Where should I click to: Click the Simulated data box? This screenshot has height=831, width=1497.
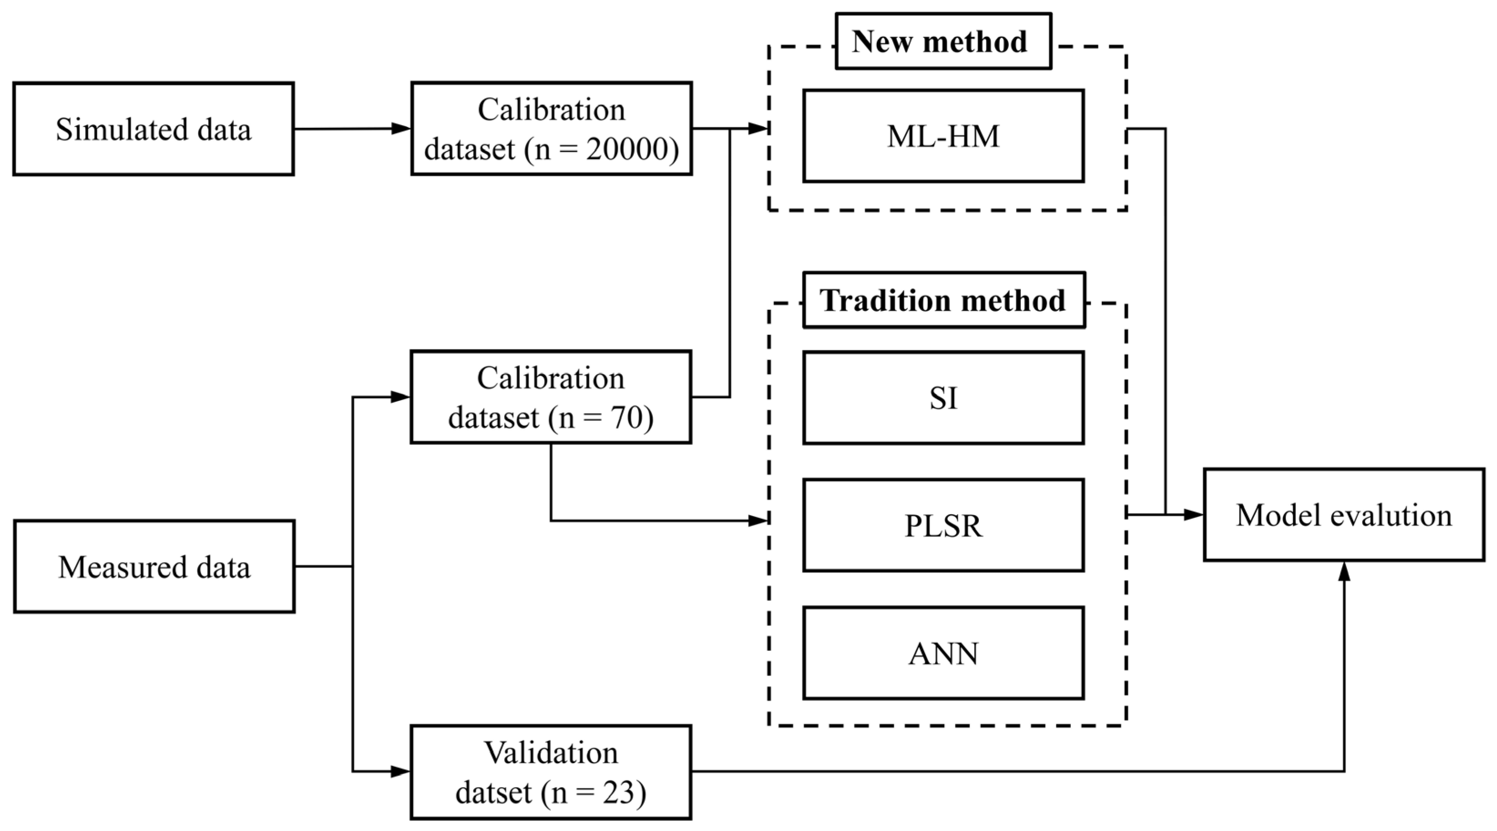(x=153, y=129)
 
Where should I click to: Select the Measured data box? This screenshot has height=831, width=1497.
(x=154, y=566)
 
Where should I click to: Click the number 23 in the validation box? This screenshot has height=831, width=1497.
(x=618, y=792)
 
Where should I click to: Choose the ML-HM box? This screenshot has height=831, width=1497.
(x=943, y=136)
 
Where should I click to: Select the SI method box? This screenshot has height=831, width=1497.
(x=943, y=398)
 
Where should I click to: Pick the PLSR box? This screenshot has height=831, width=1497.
(x=943, y=526)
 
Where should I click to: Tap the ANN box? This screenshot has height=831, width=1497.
(x=943, y=654)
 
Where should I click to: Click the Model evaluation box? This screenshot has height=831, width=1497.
(x=1344, y=515)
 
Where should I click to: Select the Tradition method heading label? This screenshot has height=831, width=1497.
(x=943, y=300)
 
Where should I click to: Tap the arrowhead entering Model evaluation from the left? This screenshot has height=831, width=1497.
(x=1193, y=515)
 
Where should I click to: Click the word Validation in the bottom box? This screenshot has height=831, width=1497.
(x=551, y=753)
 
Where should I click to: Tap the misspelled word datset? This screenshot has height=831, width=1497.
(x=494, y=792)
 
